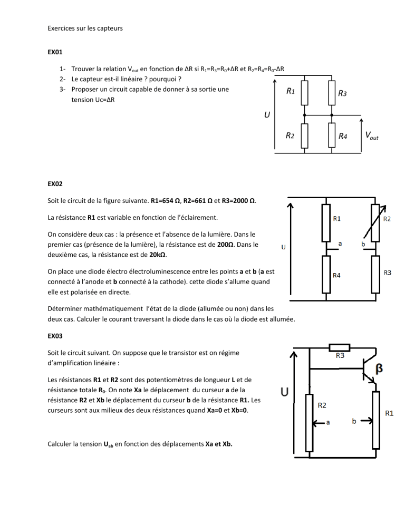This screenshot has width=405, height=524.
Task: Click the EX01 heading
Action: (x=55, y=53)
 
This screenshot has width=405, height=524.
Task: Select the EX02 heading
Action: (x=55, y=184)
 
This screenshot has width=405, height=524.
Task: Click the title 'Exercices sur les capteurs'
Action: (x=85, y=27)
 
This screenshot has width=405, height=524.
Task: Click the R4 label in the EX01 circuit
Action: (x=343, y=136)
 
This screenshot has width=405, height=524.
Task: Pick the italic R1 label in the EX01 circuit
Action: (x=290, y=91)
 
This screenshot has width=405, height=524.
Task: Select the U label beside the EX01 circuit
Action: (x=266, y=113)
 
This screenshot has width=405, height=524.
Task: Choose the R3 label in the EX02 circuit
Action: (x=387, y=272)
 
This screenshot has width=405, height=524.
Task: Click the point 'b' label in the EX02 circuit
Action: (x=363, y=245)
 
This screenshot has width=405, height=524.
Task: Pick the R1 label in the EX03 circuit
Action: (x=391, y=413)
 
